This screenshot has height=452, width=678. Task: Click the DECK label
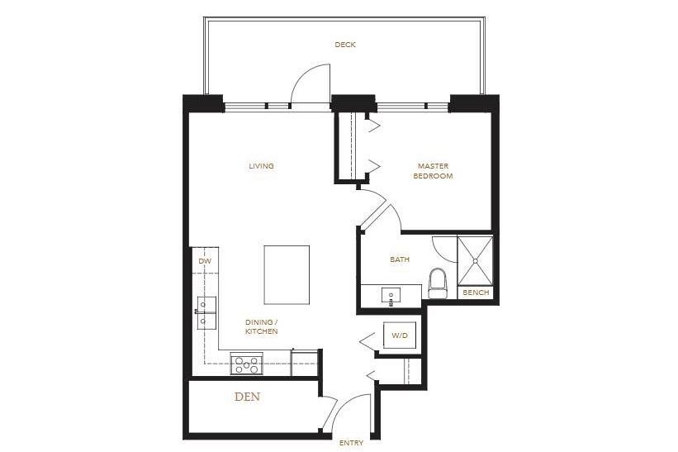(345, 45)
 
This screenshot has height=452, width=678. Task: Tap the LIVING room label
(261, 166)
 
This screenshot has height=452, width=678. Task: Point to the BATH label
(400, 259)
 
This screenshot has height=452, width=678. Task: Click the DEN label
(248, 397)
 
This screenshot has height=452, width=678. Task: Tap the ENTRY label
(351, 444)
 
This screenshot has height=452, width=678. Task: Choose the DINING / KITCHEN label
(261, 326)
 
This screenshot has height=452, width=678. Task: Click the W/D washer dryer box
(400, 335)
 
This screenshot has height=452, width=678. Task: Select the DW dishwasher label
(205, 262)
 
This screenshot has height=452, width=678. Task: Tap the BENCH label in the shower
(476, 293)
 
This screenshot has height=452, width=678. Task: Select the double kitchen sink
(206, 312)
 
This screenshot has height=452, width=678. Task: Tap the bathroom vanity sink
(391, 294)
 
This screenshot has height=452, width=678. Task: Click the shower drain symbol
(476, 259)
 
